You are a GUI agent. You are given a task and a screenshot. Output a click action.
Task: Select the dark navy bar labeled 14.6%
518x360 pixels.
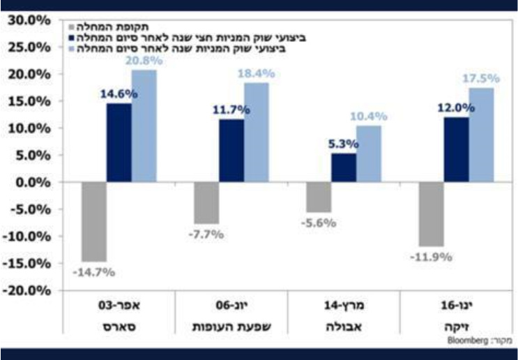119,143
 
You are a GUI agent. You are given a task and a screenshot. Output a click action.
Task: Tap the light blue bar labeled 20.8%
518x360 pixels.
144,126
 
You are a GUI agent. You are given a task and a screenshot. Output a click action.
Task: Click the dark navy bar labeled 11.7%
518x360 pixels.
231,151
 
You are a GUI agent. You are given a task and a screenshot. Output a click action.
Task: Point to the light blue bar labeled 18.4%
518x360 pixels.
256,133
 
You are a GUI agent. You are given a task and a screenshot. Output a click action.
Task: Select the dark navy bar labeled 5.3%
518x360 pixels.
344,168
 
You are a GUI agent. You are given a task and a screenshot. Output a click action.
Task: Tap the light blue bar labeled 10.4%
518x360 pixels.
368,154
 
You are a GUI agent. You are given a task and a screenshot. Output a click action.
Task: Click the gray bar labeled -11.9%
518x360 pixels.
432,214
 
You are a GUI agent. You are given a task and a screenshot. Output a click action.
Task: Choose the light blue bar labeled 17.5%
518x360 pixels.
481,135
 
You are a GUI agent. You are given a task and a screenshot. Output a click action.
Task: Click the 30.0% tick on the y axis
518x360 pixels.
30,20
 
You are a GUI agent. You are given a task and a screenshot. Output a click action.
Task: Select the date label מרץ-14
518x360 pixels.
342,305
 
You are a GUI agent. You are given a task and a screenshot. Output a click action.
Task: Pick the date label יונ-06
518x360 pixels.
231,305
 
